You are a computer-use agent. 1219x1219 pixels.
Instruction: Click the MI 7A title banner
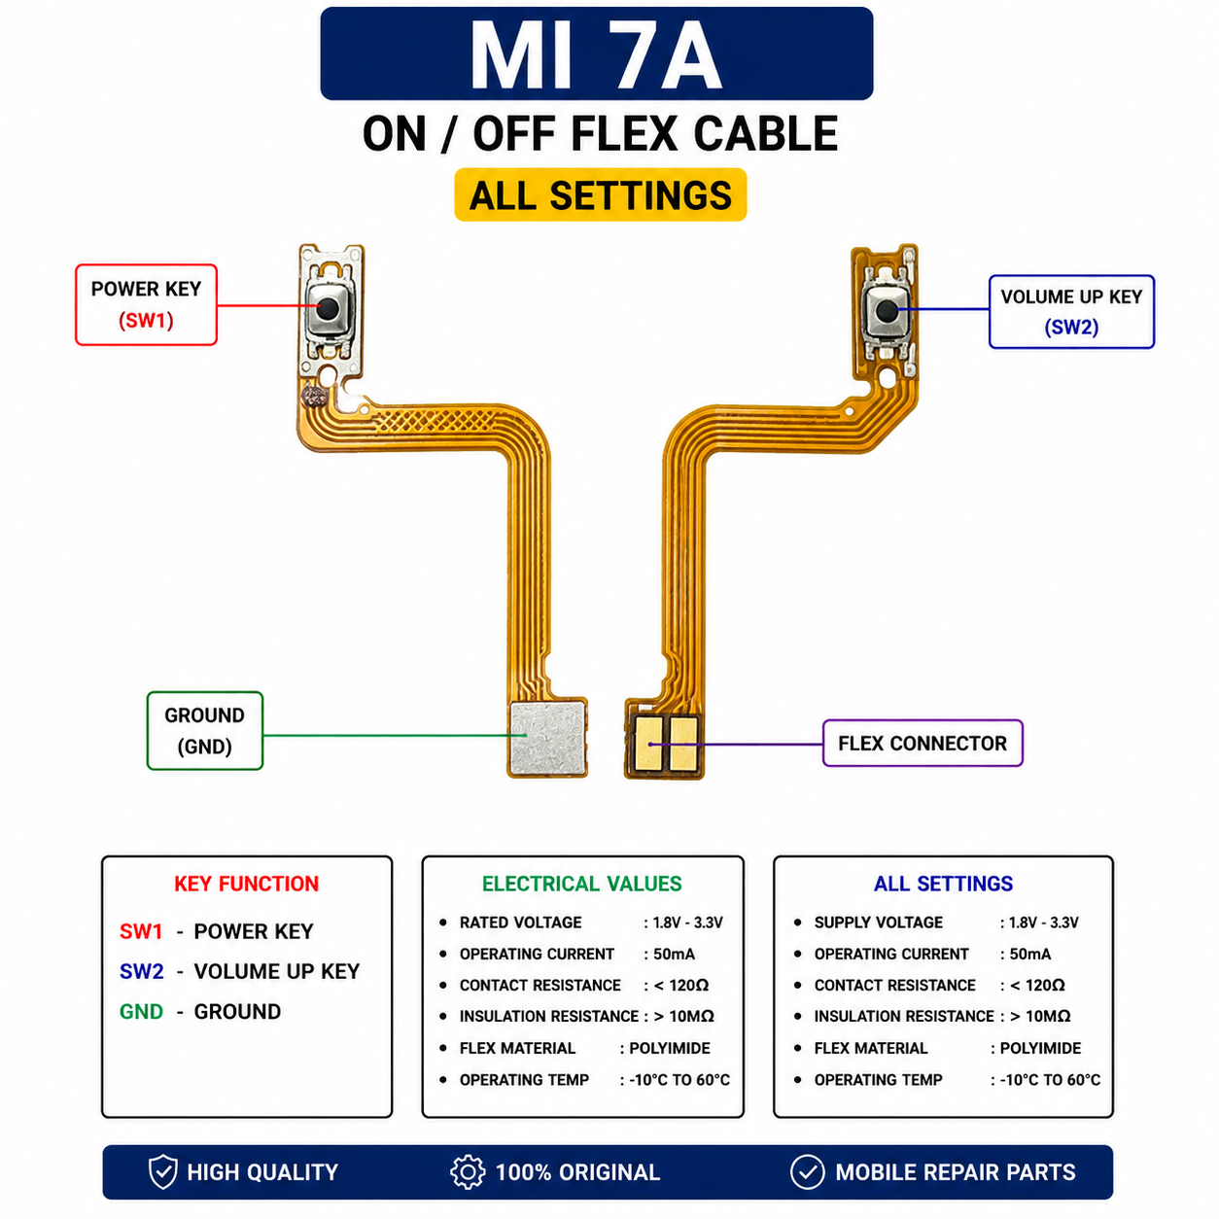point(596,53)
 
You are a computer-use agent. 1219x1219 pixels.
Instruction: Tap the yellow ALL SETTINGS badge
point(600,194)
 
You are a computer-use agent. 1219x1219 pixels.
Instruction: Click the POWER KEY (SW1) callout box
point(146,304)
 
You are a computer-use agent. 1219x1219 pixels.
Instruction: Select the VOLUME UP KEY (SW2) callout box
point(1071,311)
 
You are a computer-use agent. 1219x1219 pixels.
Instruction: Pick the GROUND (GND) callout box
point(204,731)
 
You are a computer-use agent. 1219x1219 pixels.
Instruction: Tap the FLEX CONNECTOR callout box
point(923,743)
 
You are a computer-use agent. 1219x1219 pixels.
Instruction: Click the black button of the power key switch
point(327,309)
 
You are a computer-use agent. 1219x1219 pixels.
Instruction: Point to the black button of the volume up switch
point(887,309)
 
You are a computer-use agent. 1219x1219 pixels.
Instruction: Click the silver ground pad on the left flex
point(548,738)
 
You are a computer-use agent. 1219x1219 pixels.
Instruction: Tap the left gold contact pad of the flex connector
point(649,744)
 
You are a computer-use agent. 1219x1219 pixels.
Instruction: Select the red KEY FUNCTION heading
point(246,883)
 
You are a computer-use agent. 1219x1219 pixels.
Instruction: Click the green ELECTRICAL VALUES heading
point(581,883)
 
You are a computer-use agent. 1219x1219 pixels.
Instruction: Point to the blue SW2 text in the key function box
point(142,971)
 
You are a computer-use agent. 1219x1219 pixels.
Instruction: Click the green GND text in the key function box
point(141,1012)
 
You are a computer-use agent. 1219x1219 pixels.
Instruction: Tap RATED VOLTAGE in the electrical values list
point(520,923)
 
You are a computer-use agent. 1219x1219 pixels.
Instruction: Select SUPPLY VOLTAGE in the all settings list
point(878,923)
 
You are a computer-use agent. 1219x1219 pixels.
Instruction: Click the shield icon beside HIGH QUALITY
point(162,1171)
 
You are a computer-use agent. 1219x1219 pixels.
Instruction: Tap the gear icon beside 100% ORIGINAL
point(468,1171)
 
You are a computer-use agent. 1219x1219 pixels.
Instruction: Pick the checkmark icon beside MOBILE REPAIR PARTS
point(807,1171)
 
